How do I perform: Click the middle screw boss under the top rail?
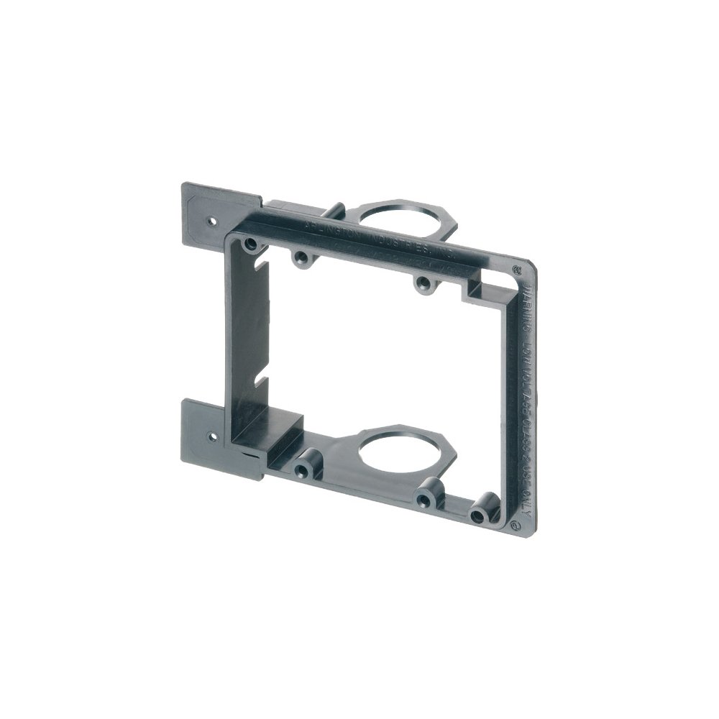click(x=301, y=257)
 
